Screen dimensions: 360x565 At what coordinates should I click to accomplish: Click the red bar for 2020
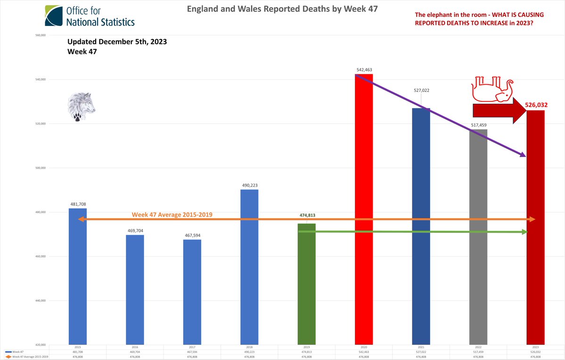click(363, 209)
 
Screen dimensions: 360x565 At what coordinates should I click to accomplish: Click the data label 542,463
click(364, 70)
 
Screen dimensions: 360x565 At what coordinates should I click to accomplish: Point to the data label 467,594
click(192, 235)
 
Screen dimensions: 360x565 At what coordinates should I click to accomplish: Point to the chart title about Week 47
click(282, 8)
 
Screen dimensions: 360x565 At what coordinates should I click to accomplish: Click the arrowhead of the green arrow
click(525, 232)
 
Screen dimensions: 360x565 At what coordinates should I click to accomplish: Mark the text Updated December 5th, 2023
click(117, 42)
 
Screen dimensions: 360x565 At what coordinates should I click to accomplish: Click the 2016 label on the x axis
click(134, 347)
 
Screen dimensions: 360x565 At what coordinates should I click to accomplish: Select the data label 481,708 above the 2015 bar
click(78, 204)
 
